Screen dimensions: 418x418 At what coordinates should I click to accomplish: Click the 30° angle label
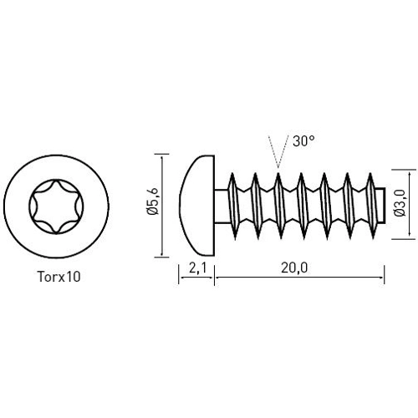[303, 142]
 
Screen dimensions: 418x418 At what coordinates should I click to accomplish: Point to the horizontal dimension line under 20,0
[299, 278]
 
